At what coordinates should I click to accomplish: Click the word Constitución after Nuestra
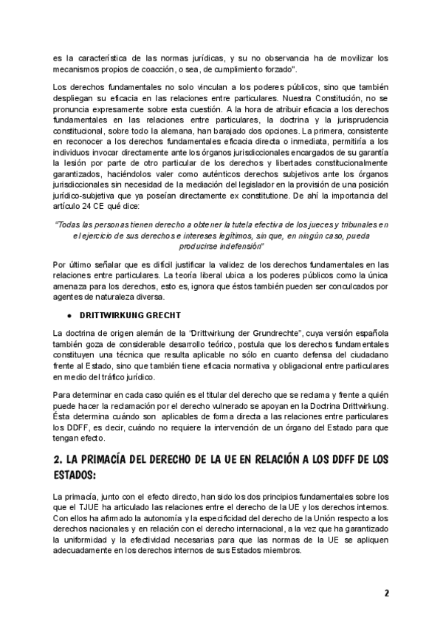click(327, 97)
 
